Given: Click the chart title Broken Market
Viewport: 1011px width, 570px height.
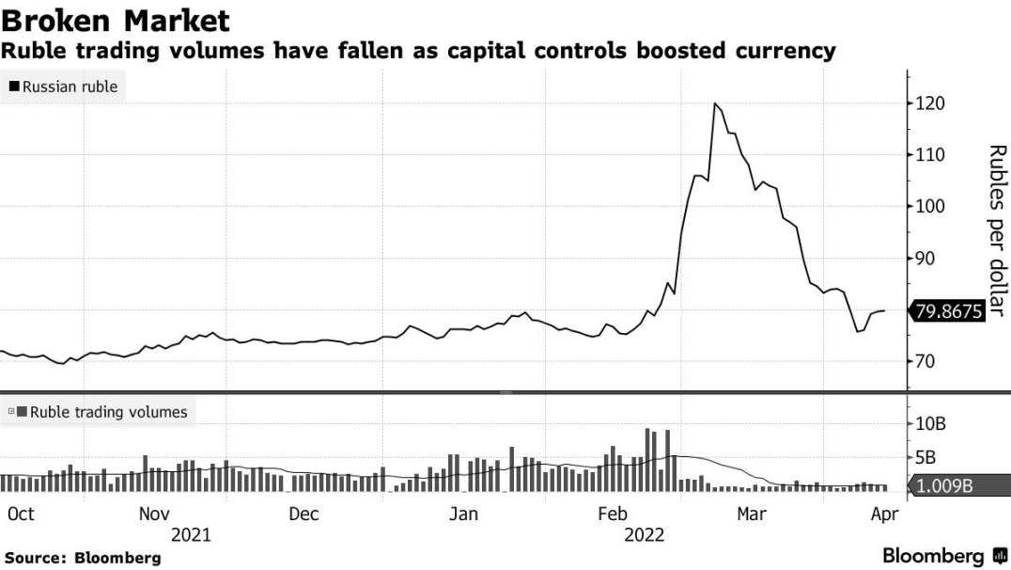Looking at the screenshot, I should point(116,20).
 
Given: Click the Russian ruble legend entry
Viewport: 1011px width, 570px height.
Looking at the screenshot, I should point(64,87).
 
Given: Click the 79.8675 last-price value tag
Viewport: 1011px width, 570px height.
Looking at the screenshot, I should point(948,310).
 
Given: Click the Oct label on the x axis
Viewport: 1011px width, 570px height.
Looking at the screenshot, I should point(21,514).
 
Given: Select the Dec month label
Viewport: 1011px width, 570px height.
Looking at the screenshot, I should point(303,514).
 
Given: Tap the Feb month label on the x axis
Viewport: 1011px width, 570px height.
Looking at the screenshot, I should point(613,514).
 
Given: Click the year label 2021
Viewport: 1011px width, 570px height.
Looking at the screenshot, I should point(191,535).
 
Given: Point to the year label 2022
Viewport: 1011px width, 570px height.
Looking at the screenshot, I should point(644,535).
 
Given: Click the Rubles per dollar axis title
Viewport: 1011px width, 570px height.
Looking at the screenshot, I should point(997,230).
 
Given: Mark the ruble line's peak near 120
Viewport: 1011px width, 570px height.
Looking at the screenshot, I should point(715,103).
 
